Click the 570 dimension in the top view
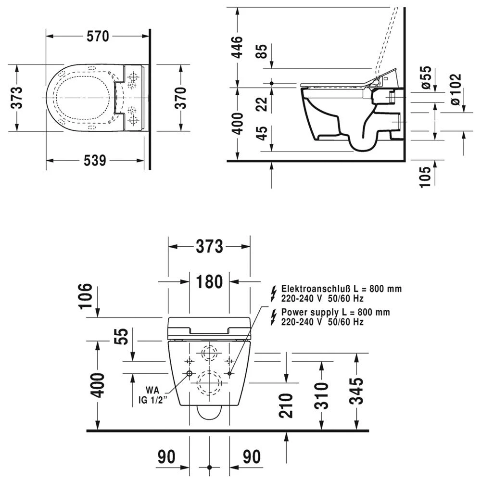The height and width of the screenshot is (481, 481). pos(98,36)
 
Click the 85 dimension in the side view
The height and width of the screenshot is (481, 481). pos(262,51)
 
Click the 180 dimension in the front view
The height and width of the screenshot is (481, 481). pos(209,281)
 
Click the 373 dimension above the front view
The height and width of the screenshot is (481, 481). pos(209,246)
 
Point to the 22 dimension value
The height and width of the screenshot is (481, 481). pos(262,104)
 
